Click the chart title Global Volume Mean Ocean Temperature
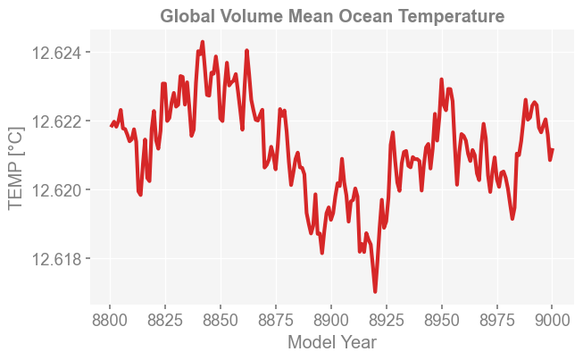332,16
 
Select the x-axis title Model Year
332,342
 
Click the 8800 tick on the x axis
111,319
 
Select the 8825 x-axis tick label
166,319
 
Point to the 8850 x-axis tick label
221,319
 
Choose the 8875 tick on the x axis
276,319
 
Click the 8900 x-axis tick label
331,319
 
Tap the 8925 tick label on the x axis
387,319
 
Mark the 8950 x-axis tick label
442,319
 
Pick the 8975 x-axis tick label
496,319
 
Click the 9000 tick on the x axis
552,319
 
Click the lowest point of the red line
376,291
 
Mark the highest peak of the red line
203,42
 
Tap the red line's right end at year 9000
553,149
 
